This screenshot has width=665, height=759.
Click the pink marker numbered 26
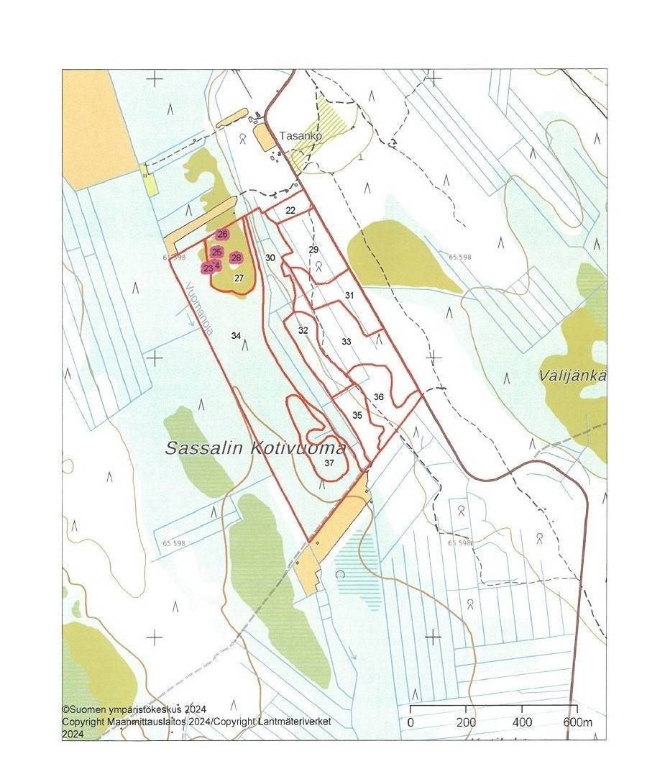click(x=222, y=235)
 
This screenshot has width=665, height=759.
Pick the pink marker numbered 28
click(x=236, y=258)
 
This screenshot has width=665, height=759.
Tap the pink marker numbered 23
click(x=208, y=268)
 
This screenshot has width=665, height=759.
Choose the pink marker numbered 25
click(x=217, y=252)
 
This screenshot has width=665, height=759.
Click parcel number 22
click(x=290, y=210)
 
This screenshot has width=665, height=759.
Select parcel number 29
click(x=313, y=249)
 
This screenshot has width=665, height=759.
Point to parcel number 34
click(x=236, y=335)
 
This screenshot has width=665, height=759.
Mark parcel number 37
click(x=329, y=463)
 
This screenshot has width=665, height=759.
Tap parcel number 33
click(x=347, y=342)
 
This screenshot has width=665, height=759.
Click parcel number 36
click(x=379, y=397)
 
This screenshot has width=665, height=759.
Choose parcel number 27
click(x=239, y=278)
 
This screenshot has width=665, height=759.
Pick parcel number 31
click(x=349, y=295)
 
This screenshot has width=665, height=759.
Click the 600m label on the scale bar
click(x=577, y=722)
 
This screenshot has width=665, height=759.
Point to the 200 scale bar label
click(x=466, y=722)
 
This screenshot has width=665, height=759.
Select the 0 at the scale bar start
click(x=411, y=722)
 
